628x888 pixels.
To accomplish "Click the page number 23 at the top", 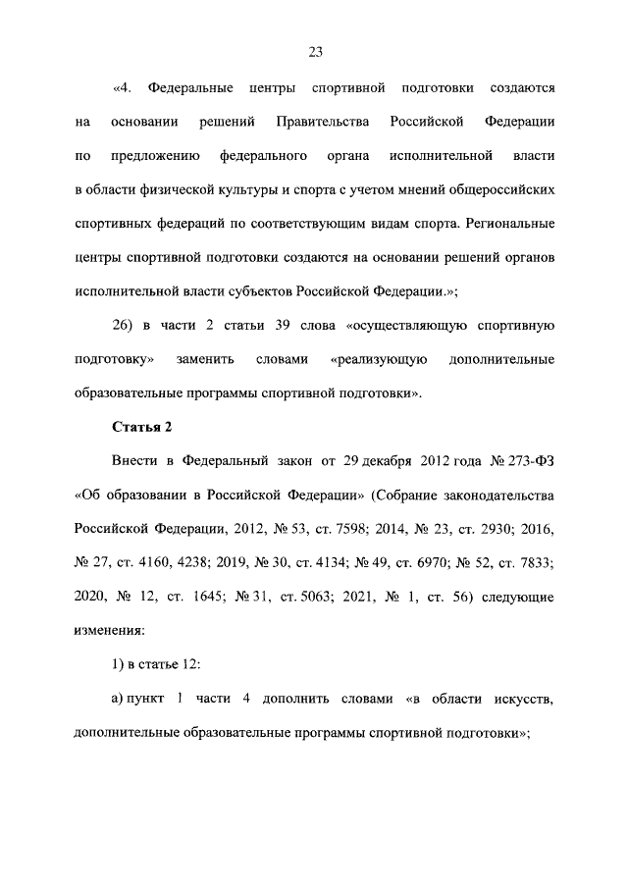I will (315, 52).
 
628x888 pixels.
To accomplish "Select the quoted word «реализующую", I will (379, 359).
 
